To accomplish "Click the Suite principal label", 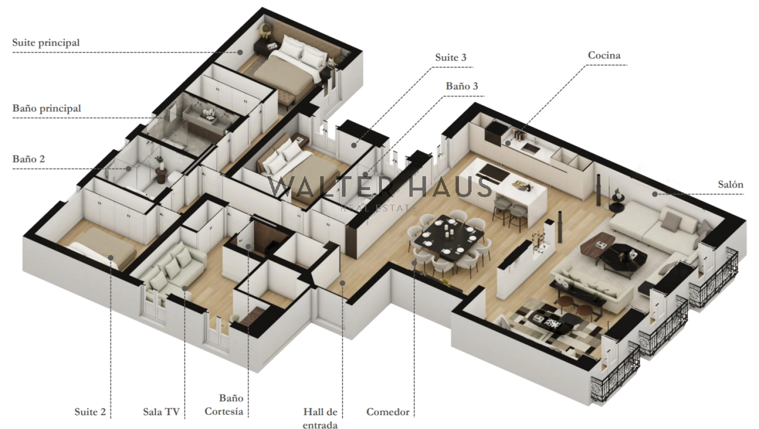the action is pyautogui.click(x=46, y=43).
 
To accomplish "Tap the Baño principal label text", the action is pyautogui.click(x=47, y=108).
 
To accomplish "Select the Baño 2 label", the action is pyautogui.click(x=28, y=159).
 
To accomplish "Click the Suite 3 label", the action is pyautogui.click(x=451, y=57).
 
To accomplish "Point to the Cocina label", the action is pyautogui.click(x=604, y=55).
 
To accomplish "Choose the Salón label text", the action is pyautogui.click(x=731, y=185).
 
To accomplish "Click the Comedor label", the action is pyautogui.click(x=388, y=412).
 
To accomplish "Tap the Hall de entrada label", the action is pyautogui.click(x=320, y=419).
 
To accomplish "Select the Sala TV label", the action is pyautogui.click(x=161, y=412).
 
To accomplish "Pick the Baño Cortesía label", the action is pyautogui.click(x=224, y=405).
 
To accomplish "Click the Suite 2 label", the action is pyautogui.click(x=90, y=412).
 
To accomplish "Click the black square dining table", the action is pyautogui.click(x=449, y=238).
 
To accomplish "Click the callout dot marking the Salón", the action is pyautogui.click(x=655, y=194).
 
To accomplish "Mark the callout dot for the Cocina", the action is pyautogui.click(x=508, y=143).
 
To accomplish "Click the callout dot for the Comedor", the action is pyautogui.click(x=414, y=263).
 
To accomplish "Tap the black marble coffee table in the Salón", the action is pyautogui.click(x=623, y=256).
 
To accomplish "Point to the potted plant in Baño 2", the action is pyautogui.click(x=159, y=161).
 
